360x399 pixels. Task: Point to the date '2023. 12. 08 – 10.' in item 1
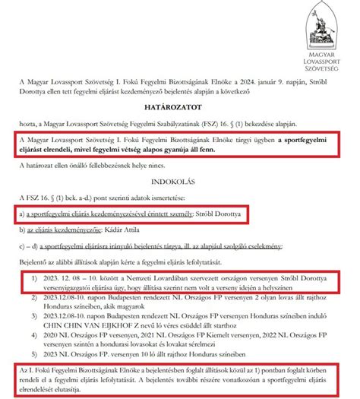pos(69,279)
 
